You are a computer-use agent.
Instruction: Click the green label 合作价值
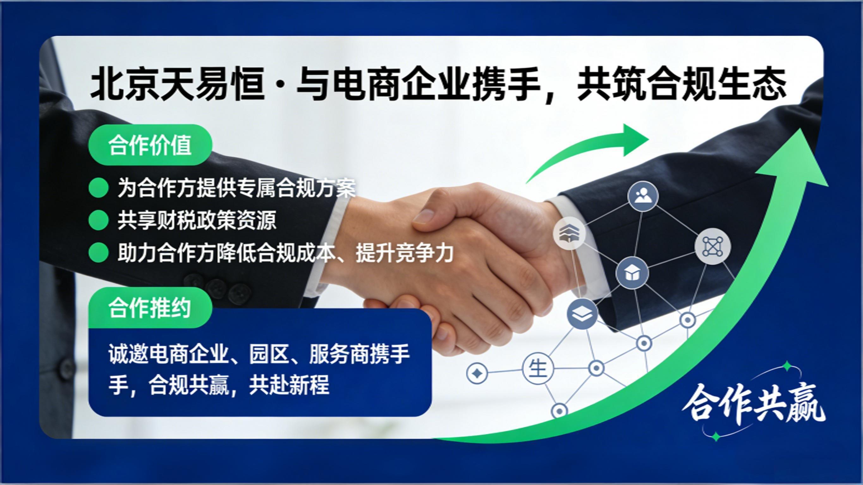point(150,145)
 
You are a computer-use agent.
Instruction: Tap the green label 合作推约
point(150,308)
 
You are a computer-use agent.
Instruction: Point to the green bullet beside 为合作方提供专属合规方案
point(99,188)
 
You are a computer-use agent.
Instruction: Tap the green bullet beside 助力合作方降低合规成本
point(99,253)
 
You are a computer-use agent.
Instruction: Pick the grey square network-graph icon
point(713,247)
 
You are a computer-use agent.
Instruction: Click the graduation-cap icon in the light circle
point(569,233)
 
